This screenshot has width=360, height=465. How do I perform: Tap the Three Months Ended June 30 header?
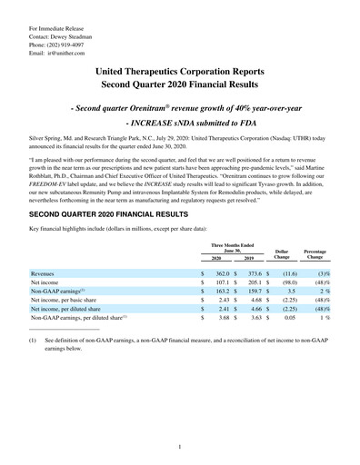231,223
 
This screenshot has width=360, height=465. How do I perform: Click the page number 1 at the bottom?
180,446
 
